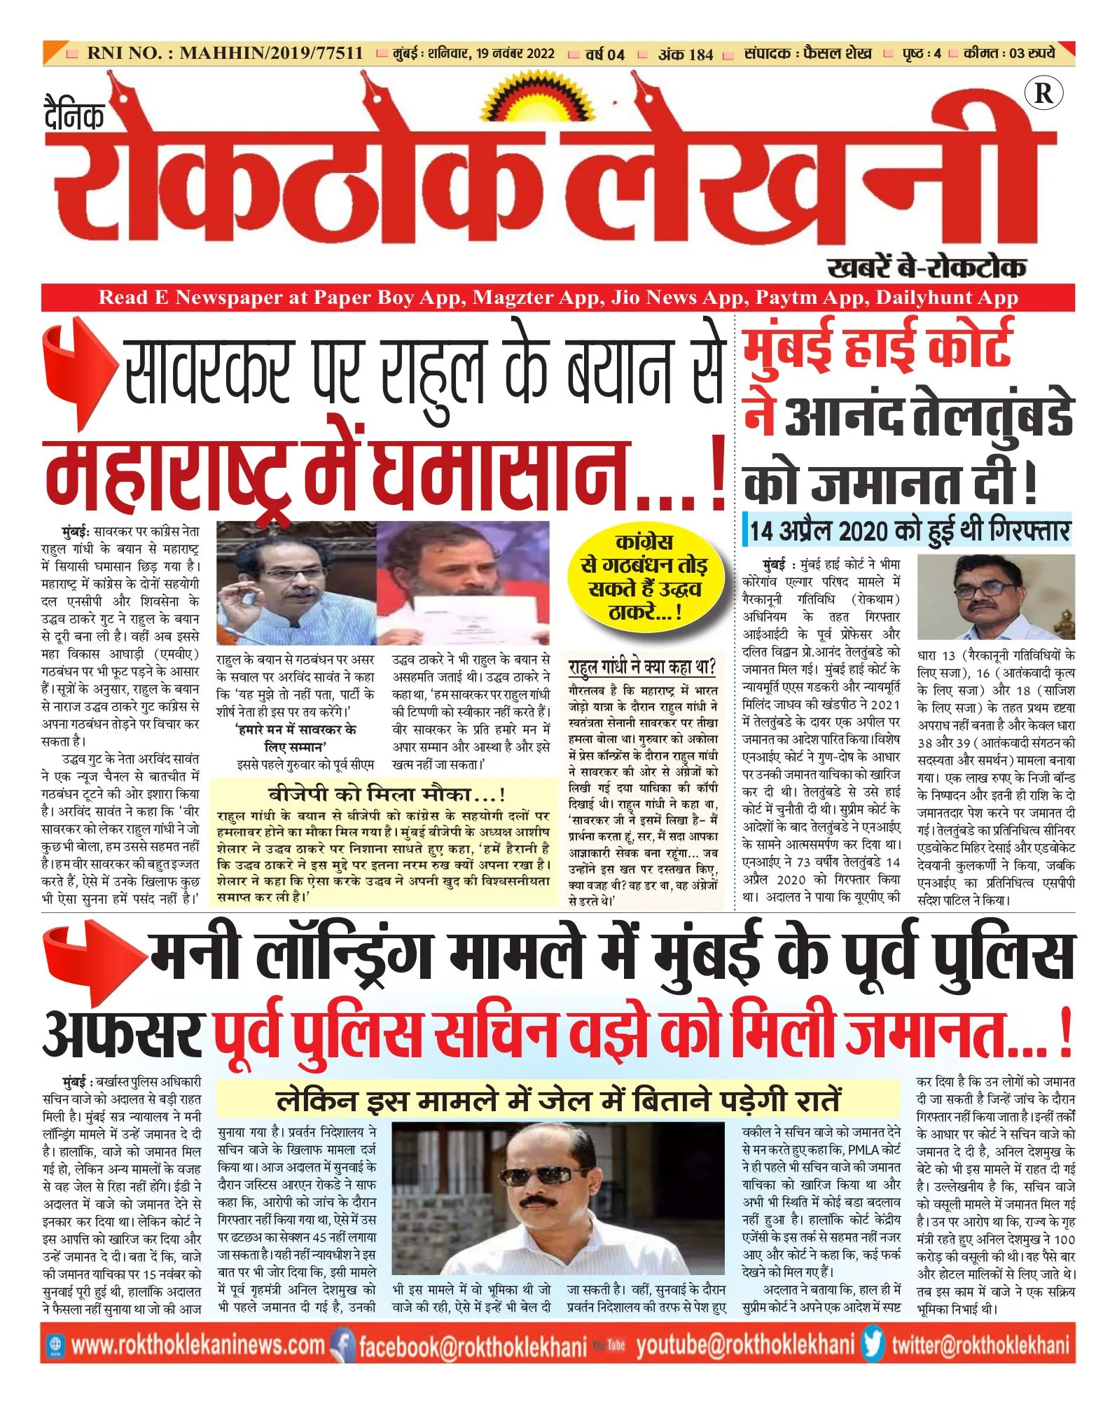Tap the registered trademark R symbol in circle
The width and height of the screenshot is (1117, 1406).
pyautogui.click(x=1043, y=93)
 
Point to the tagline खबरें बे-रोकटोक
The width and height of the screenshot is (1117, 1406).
pyautogui.click(x=927, y=267)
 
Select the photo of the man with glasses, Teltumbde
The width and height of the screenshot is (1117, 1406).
pyautogui.click(x=995, y=597)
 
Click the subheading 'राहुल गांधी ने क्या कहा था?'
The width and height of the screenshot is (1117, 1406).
pyautogui.click(x=642, y=666)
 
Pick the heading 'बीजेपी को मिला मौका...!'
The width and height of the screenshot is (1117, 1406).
pyautogui.click(x=387, y=794)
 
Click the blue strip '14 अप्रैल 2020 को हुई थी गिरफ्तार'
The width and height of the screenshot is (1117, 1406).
pyautogui.click(x=909, y=531)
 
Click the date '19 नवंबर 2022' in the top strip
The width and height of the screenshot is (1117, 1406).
pyautogui.click(x=515, y=54)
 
